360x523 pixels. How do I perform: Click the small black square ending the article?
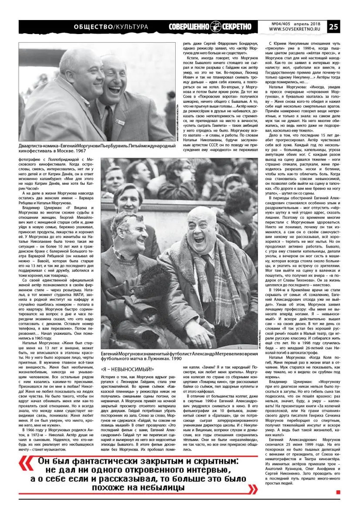(338, 492)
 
